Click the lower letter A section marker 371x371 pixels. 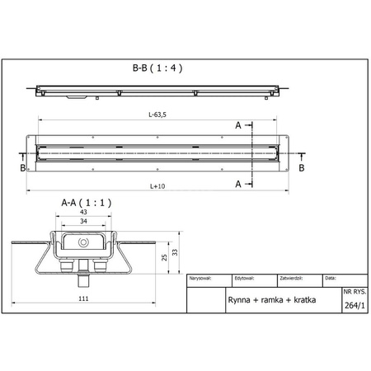(x=238, y=185)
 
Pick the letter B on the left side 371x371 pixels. (x=21, y=167)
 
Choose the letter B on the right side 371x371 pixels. (x=302, y=167)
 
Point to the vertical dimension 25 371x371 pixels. (x=163, y=259)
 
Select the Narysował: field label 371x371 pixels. (x=202, y=279)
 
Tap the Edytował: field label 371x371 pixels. (x=245, y=279)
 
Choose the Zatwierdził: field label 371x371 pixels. (x=294, y=279)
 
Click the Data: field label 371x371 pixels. (x=330, y=279)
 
